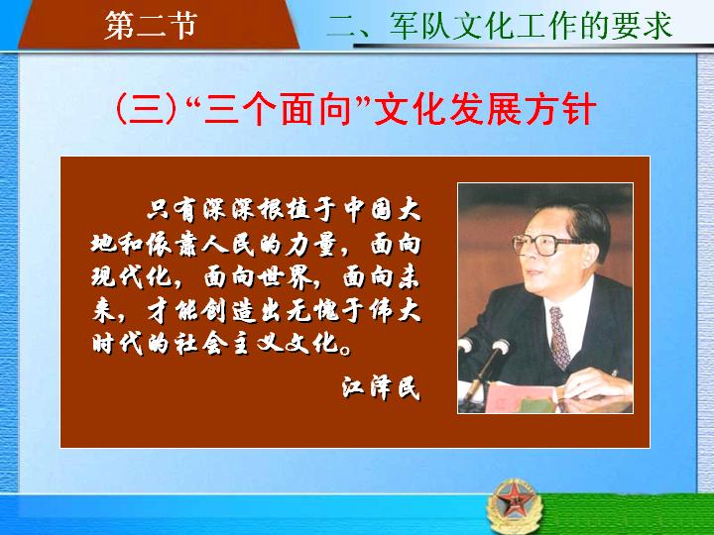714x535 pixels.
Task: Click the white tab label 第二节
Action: tap(151, 26)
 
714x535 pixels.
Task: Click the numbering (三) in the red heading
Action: tap(146, 109)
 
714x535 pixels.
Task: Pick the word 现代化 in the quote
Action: tap(131, 276)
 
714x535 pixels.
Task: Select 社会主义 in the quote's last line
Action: tap(227, 344)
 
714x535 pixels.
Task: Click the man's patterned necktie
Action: tap(559, 337)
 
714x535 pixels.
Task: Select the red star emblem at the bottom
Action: tap(515, 505)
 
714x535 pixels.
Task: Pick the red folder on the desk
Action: tap(519, 398)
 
